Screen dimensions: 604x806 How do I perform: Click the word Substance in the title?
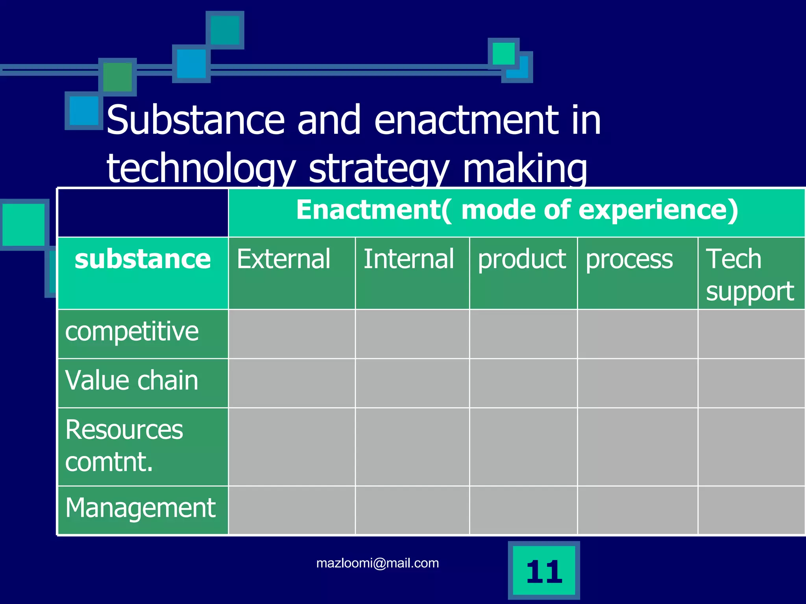pyautogui.click(x=195, y=120)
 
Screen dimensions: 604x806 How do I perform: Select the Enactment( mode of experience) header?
pyautogui.click(x=516, y=210)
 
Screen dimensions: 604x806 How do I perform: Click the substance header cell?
pyautogui.click(x=143, y=260)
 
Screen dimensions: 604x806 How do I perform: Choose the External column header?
pyautogui.click(x=283, y=260)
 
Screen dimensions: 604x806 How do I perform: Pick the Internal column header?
pyautogui.click(x=409, y=260)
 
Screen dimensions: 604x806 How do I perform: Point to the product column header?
pyautogui.click(x=522, y=260)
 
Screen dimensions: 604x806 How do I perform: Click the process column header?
pyautogui.click(x=629, y=260)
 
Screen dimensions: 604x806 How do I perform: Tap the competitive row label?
pyautogui.click(x=132, y=331)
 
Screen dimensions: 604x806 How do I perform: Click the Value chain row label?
pyautogui.click(x=132, y=381)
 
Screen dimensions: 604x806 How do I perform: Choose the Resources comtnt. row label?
pyautogui.click(x=124, y=446)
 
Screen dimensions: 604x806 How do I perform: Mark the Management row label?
pyautogui.click(x=140, y=508)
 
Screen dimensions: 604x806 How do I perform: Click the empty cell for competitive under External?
pyautogui.click(x=292, y=334)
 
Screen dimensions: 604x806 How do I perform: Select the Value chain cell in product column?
pyautogui.click(x=523, y=383)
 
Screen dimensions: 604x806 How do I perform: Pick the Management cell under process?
pyautogui.click(x=637, y=510)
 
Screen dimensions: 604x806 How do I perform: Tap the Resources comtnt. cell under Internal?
pyautogui.click(x=412, y=447)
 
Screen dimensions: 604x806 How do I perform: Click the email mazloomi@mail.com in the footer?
pyautogui.click(x=377, y=563)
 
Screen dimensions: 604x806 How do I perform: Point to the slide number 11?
pyautogui.click(x=544, y=571)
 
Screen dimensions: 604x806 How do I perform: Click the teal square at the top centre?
pyautogui.click(x=225, y=30)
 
